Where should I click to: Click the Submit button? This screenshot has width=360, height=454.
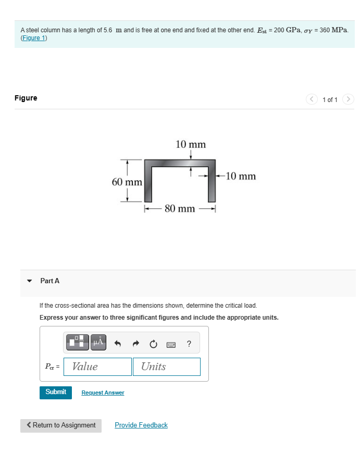(55, 392)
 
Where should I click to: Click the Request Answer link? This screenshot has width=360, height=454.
(103, 393)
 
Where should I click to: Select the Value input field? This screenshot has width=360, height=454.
(97, 367)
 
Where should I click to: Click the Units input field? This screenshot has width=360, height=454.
(166, 367)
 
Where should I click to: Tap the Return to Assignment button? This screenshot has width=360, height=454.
(61, 425)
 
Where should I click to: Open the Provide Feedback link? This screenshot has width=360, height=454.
(141, 425)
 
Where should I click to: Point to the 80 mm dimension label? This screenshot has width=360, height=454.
(180, 209)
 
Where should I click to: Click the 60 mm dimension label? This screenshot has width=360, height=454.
(127, 182)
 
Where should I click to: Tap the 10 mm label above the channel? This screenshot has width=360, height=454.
(191, 144)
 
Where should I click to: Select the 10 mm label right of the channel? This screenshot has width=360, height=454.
(240, 176)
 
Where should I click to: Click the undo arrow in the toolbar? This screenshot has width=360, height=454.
(118, 343)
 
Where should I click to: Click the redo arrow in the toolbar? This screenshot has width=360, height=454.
(135, 343)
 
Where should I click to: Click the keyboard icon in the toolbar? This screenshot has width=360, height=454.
(171, 344)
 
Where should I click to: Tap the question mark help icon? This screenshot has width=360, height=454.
(189, 343)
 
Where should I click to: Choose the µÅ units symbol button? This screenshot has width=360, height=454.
(99, 342)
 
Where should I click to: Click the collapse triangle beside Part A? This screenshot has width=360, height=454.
(29, 281)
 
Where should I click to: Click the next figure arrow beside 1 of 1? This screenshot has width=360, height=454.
(349, 99)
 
